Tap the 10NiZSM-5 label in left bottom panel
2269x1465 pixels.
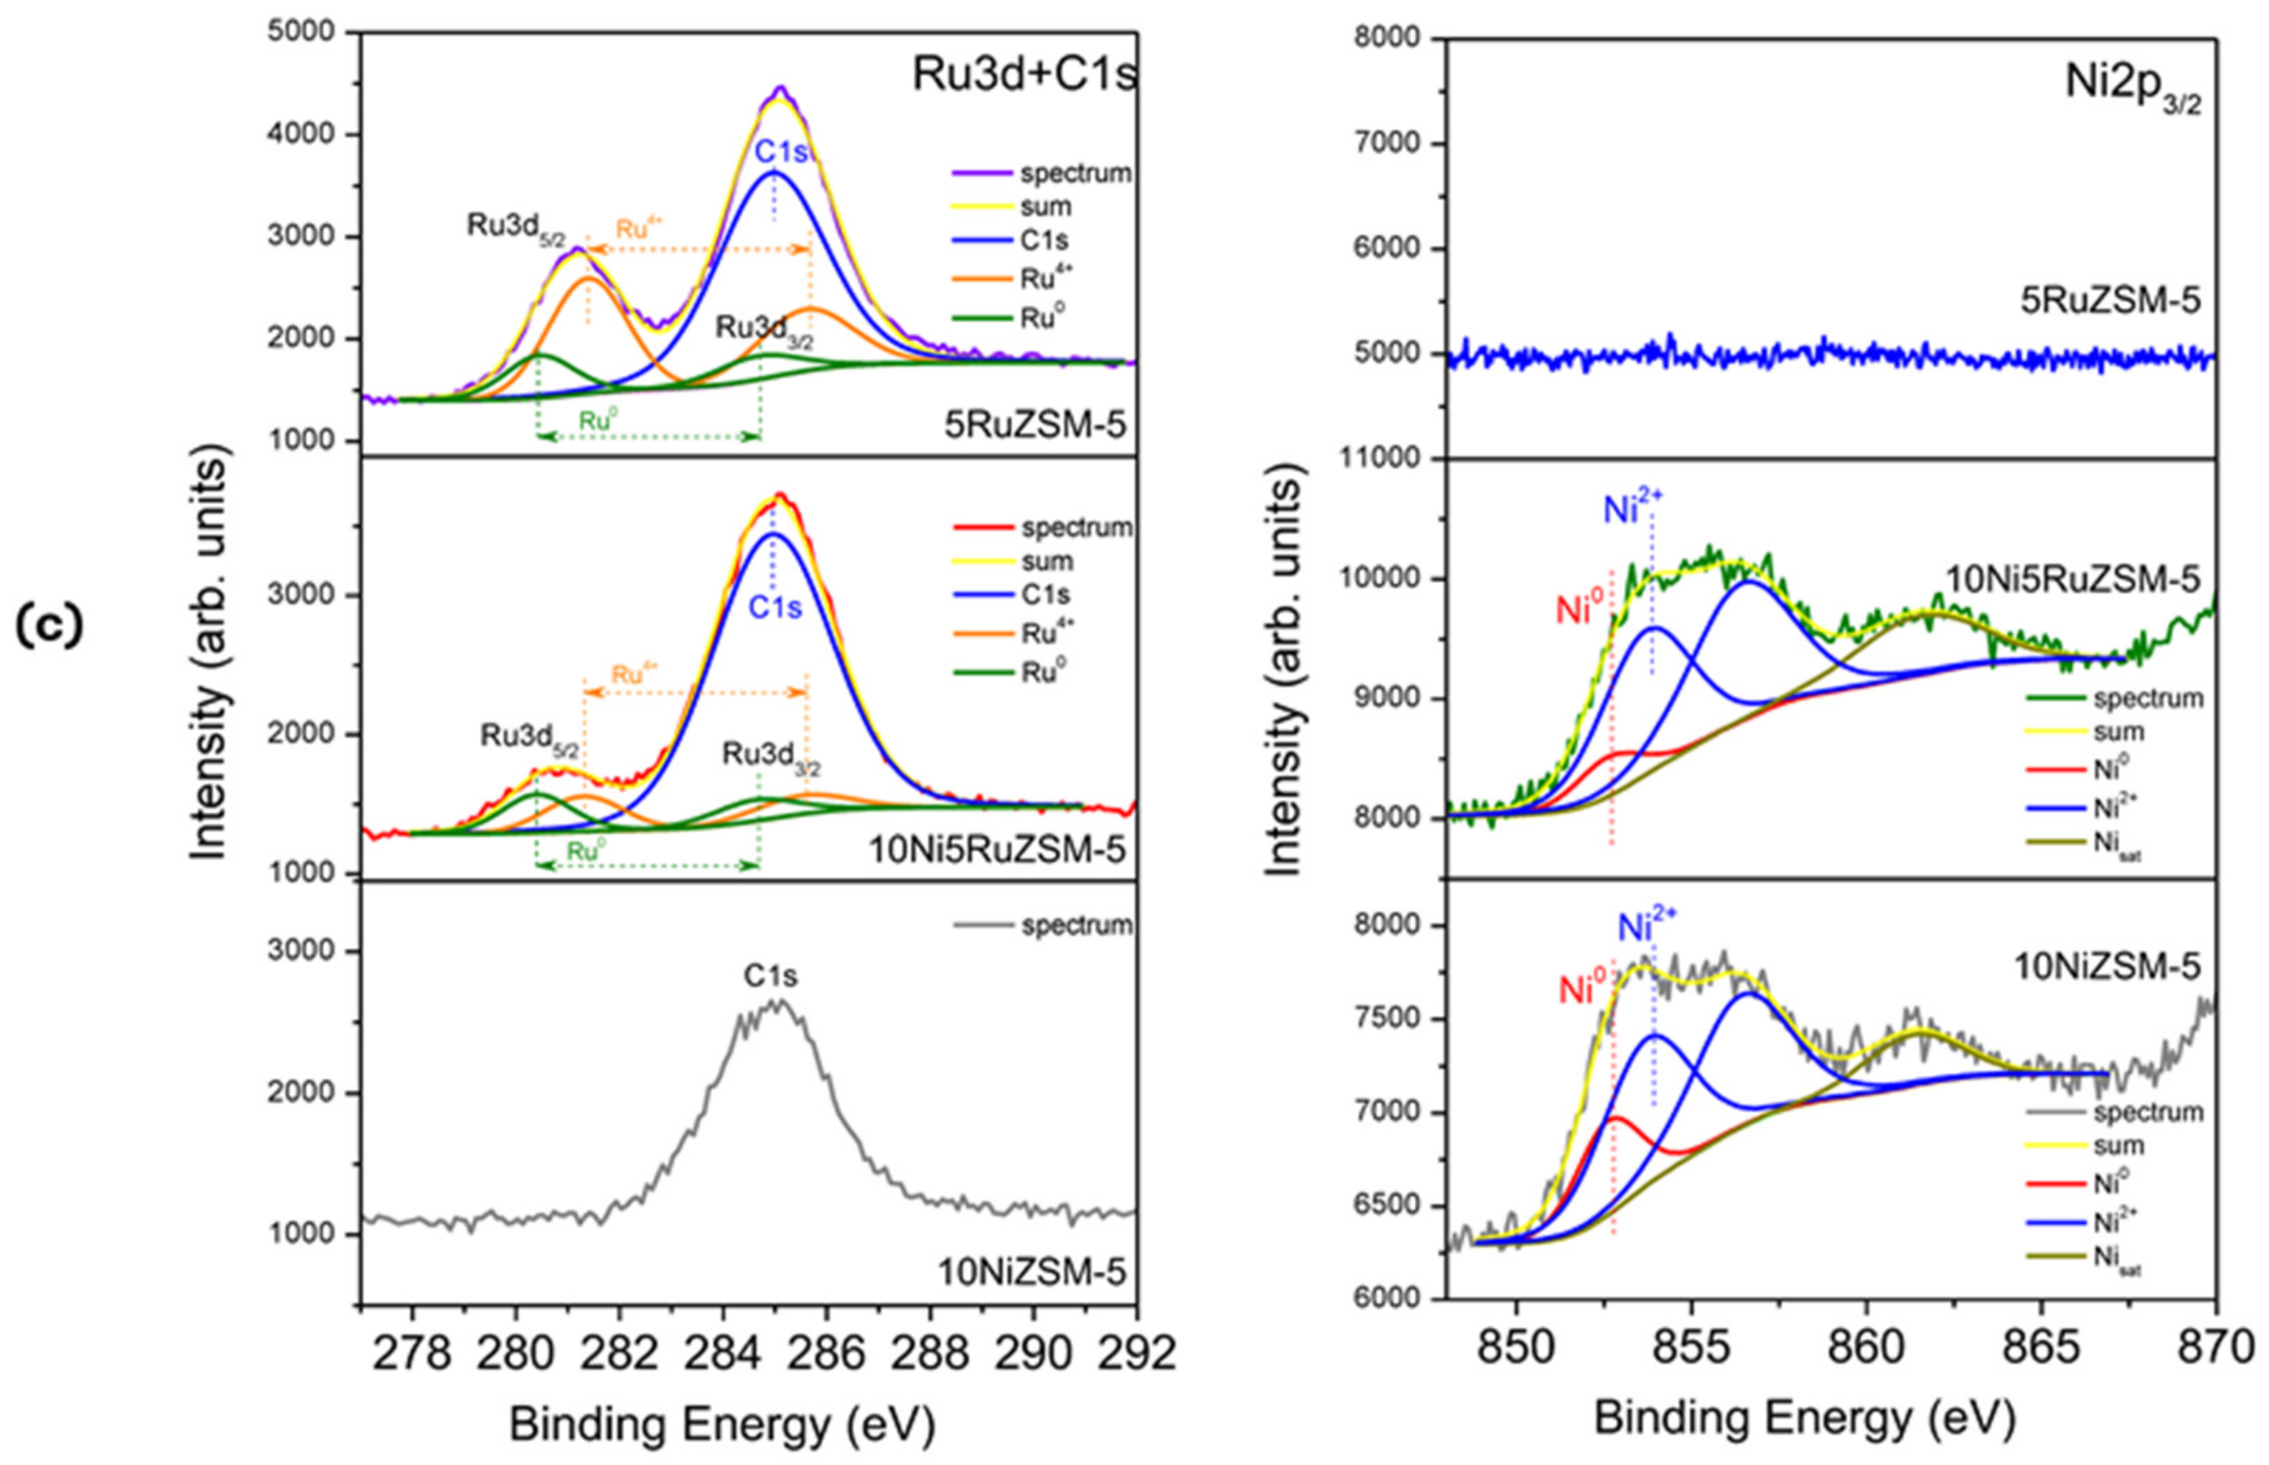point(1032,1272)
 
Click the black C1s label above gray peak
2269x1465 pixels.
point(771,976)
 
